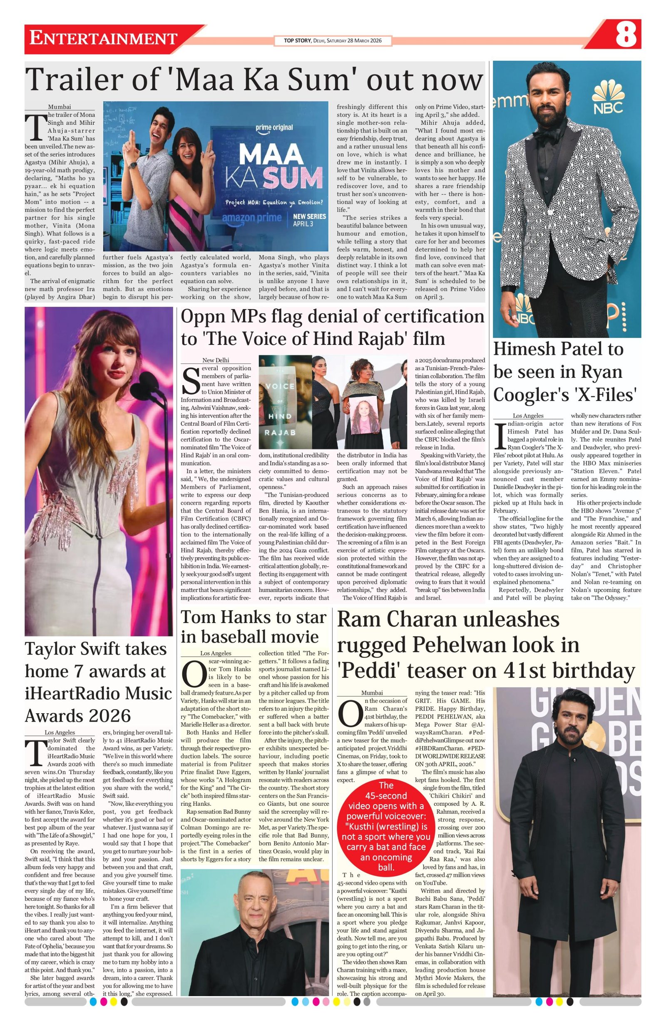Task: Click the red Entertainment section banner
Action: (103, 39)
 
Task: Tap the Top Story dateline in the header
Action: (333, 41)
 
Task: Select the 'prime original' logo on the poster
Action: (274, 128)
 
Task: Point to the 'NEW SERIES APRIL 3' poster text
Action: (309, 220)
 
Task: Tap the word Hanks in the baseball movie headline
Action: (244, 617)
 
